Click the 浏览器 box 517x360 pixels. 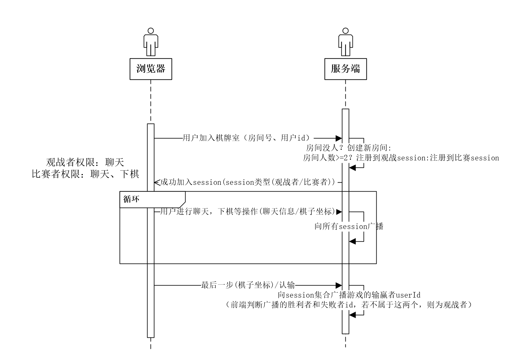tap(151, 69)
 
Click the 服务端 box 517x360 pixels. tap(345, 69)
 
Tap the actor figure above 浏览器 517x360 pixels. tap(151, 42)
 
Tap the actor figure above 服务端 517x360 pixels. tap(345, 42)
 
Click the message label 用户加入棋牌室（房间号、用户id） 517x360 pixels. tap(246, 138)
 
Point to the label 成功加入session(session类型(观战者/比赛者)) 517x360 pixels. tap(248, 182)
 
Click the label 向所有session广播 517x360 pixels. tap(349, 227)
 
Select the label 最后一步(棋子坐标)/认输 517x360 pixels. tap(248, 285)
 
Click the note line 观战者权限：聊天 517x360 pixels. tap(85, 162)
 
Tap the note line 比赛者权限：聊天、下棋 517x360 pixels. tap(85, 174)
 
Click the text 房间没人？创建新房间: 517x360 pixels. tap(348, 148)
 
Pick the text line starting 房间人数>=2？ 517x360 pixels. tap(401, 158)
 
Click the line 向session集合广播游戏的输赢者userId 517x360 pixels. tap(349, 295)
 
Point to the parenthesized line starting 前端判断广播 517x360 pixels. tap(348, 305)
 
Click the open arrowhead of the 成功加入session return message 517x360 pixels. tap(156, 182)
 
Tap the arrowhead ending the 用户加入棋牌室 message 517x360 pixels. tap(339, 138)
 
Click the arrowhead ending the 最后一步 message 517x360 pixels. tap(339, 285)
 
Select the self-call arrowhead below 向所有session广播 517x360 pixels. tap(352, 241)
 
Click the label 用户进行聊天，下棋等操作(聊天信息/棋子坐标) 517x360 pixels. tap(248, 212)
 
